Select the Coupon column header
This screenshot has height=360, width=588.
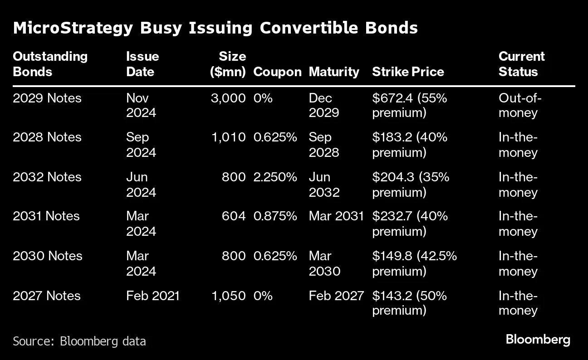pyautogui.click(x=277, y=72)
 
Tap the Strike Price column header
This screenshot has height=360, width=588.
pyautogui.click(x=408, y=72)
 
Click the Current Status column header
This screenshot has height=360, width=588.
pyautogui.click(x=521, y=64)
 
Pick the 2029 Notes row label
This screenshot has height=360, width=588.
pyautogui.click(x=47, y=98)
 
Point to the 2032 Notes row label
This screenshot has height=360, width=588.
pyautogui.click(x=47, y=177)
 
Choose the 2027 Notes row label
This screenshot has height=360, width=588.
pyautogui.click(x=47, y=296)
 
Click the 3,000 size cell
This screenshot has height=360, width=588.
pyautogui.click(x=228, y=98)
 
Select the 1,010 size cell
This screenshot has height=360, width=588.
pyautogui.click(x=228, y=137)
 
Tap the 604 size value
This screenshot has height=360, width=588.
pyautogui.click(x=234, y=216)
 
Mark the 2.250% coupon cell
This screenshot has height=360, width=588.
pyautogui.click(x=275, y=177)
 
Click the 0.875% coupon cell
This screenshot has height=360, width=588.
pyautogui.click(x=275, y=216)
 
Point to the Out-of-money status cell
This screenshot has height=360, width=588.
pyautogui.click(x=520, y=105)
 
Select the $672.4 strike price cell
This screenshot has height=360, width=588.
pyautogui.click(x=410, y=105)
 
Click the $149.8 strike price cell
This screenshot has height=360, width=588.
pyautogui.click(x=414, y=263)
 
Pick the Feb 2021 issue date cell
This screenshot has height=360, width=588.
pyautogui.click(x=153, y=296)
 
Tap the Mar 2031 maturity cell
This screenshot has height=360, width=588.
pyautogui.click(x=336, y=216)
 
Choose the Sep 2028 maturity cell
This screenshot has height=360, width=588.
pyautogui.click(x=324, y=145)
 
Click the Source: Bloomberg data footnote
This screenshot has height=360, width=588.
pyautogui.click(x=79, y=341)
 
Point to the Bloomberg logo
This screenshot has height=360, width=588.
pyautogui.click(x=538, y=339)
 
